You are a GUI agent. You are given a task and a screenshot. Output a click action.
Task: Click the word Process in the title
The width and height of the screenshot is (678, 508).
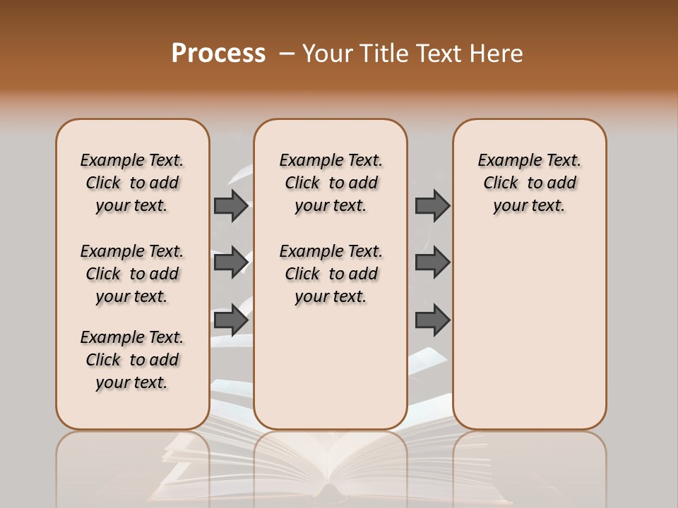point(218,53)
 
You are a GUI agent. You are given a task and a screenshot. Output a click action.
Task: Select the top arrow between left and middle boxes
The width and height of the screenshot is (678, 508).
point(231,205)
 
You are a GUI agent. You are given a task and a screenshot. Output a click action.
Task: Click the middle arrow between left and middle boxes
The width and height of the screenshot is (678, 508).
point(231,262)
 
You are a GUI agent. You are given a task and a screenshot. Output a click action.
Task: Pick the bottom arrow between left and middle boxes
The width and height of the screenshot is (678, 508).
point(231,320)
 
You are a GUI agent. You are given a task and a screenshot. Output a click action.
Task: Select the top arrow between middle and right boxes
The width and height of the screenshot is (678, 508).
point(432,205)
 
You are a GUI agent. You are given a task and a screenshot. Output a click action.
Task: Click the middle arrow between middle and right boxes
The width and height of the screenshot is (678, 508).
point(432,262)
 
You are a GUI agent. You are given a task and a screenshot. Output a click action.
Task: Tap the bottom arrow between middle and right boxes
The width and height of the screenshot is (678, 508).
point(432,320)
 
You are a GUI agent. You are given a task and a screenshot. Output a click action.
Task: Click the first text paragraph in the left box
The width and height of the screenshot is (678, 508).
point(132,183)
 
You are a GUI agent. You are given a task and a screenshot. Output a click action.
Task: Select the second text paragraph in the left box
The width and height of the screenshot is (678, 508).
point(132,274)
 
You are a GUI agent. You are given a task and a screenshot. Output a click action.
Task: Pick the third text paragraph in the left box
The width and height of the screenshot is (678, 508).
point(132,360)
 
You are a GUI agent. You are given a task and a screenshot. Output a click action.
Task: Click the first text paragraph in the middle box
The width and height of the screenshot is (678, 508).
point(331,183)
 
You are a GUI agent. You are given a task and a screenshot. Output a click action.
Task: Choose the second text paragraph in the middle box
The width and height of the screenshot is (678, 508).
point(331,274)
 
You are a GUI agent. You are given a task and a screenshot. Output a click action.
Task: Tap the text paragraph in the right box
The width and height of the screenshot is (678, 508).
point(529,183)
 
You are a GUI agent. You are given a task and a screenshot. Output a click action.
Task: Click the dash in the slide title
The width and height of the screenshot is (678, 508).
point(286,54)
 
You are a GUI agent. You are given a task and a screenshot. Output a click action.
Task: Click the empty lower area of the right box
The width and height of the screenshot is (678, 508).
point(529,339)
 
